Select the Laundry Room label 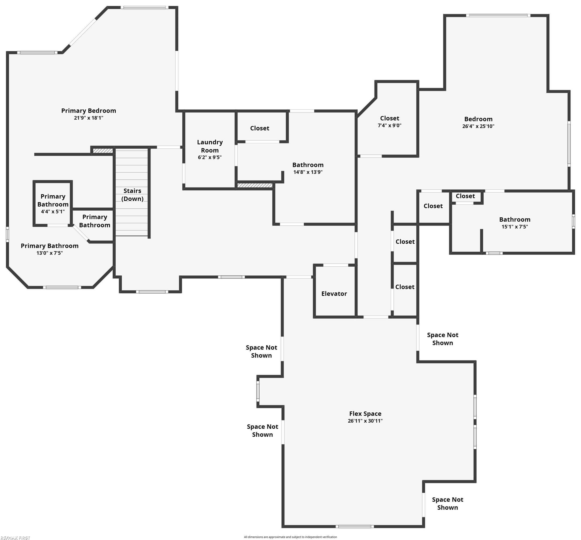(210, 146)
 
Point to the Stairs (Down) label (132, 195)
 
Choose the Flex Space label (365, 413)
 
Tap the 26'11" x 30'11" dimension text (365, 421)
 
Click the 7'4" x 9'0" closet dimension (390, 125)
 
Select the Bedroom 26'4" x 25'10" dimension (478, 126)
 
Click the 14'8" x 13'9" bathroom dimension (308, 172)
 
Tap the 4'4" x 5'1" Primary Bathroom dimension (53, 212)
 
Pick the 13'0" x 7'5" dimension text (50, 253)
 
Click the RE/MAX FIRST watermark (15, 537)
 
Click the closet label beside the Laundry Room (260, 128)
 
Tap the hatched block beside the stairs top (103, 151)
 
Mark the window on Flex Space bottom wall (355, 527)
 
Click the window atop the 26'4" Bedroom (498, 15)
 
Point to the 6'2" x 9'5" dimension (210, 157)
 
